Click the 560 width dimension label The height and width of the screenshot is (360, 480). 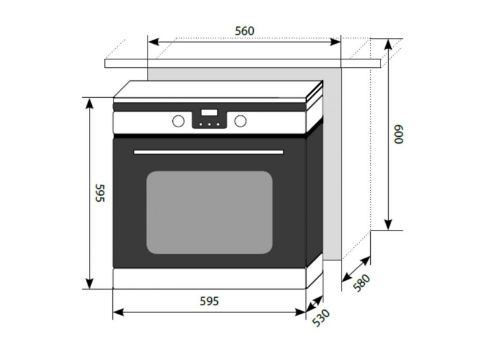point(245,31)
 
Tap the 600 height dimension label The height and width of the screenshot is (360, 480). point(398,134)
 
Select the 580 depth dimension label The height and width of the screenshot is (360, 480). point(362,283)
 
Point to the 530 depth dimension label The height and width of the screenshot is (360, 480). point(321,318)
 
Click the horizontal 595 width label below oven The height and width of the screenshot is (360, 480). point(209,301)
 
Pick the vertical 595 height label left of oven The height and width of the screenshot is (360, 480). point(100,193)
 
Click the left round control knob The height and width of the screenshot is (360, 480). point(178,121)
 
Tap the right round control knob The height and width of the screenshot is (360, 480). point(241,121)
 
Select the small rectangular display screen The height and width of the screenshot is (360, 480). point(209,112)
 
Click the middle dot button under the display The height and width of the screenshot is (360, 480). point(209,124)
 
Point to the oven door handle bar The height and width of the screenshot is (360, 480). point(208,152)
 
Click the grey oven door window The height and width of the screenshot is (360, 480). point(209,212)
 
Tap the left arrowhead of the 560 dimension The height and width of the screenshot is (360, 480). point(154,41)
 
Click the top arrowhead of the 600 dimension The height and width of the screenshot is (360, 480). point(388,44)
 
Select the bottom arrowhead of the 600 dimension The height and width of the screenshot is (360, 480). point(388,224)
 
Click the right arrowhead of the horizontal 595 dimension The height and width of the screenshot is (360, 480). point(301,312)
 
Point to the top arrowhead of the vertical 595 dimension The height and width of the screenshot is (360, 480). point(89,103)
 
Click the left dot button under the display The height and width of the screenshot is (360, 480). point(201,124)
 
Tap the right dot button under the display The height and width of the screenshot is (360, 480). point(218,124)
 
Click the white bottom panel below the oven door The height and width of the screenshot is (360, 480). point(209,278)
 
